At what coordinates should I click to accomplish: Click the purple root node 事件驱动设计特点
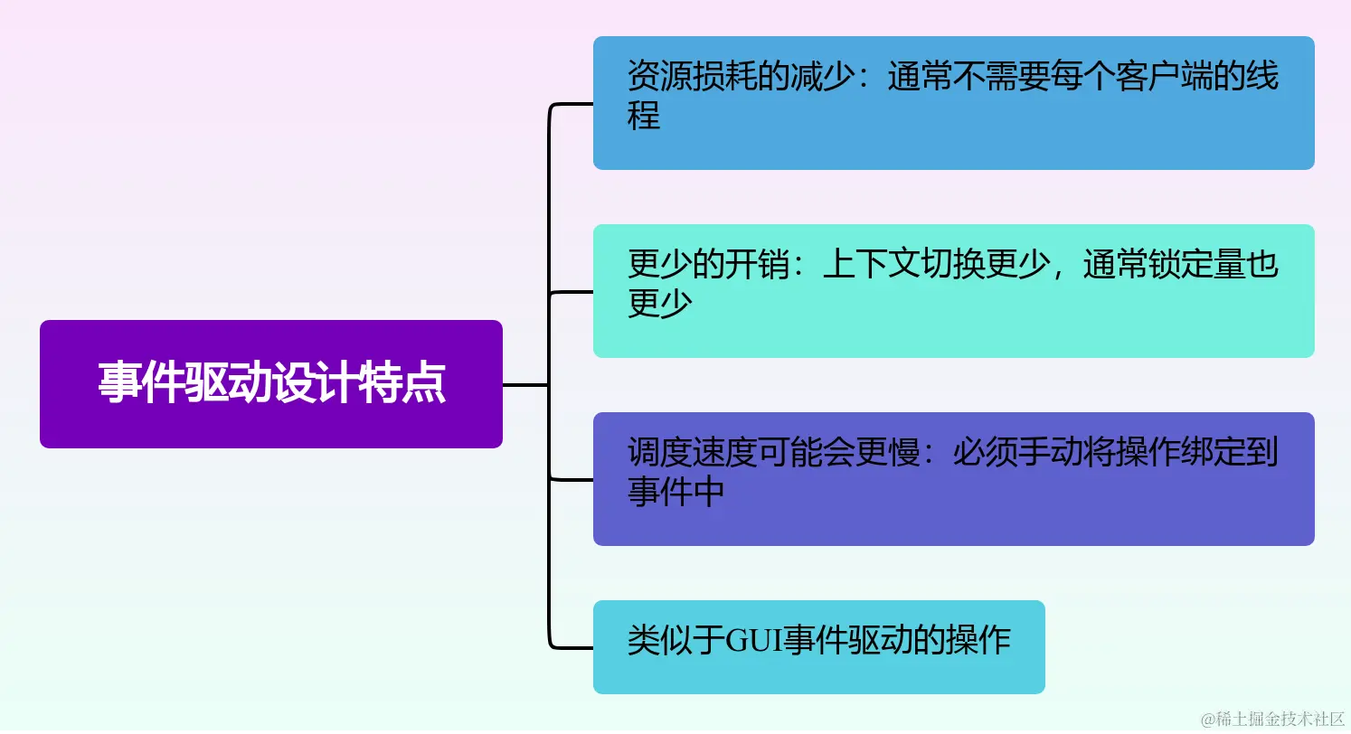[x=270, y=384]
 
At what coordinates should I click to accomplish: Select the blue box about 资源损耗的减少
[x=953, y=103]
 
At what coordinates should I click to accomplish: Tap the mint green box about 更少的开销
[x=953, y=291]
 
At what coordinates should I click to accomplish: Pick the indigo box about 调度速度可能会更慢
[x=953, y=479]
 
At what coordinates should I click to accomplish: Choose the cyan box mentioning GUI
[x=818, y=647]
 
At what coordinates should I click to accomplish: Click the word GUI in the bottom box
[x=754, y=641]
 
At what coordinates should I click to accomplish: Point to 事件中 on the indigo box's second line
[x=676, y=492]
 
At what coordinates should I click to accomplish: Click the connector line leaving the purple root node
[x=524, y=385]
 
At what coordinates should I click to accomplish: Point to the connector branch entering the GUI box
[x=572, y=648]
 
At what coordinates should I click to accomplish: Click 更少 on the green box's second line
[x=660, y=304]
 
